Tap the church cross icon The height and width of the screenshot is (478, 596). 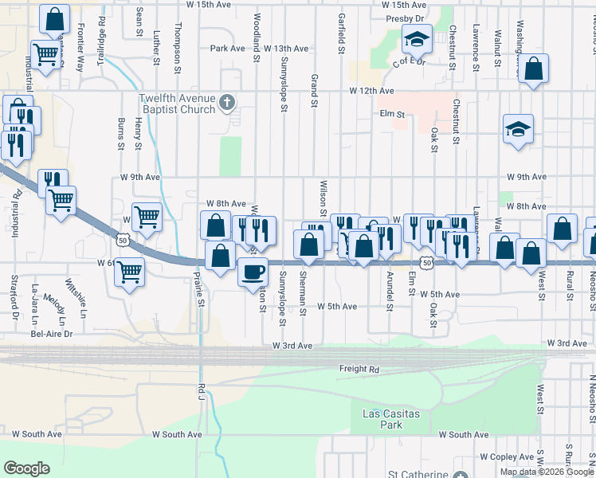(x=227, y=102)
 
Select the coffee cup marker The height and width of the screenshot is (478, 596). (x=253, y=272)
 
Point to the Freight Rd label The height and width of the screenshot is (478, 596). (x=359, y=369)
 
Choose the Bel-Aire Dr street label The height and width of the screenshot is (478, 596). (x=52, y=334)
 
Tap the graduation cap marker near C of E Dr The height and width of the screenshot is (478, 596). (x=417, y=37)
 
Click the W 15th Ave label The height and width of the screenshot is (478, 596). (x=195, y=5)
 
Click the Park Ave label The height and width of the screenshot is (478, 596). (x=227, y=49)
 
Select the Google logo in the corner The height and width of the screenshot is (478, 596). (x=26, y=468)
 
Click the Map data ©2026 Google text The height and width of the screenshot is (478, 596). (x=547, y=472)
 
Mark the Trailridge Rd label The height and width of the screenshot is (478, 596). (x=102, y=35)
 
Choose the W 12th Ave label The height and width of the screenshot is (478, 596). (x=371, y=92)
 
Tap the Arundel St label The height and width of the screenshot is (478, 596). (x=390, y=285)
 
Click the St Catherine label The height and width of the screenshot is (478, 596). (x=418, y=474)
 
